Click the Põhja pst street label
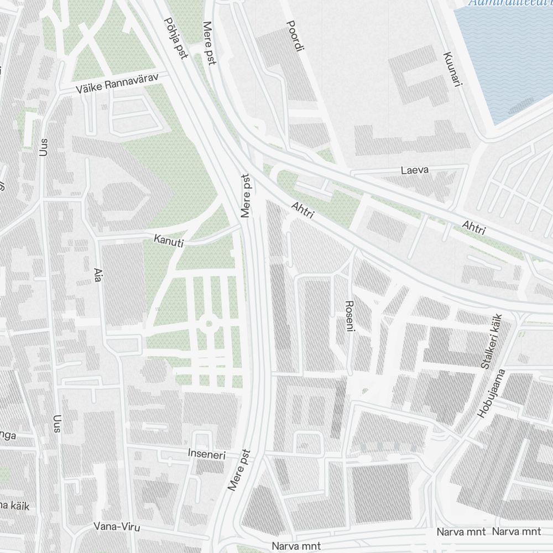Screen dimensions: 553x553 (x=176, y=38)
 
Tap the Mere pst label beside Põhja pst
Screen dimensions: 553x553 (x=209, y=43)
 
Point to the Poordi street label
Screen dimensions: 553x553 (x=295, y=36)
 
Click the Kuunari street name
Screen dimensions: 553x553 (x=452, y=69)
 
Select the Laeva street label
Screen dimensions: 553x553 (x=415, y=170)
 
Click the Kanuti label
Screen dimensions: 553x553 (x=169, y=241)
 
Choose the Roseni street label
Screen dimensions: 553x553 (x=349, y=316)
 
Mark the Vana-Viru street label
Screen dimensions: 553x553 (x=117, y=527)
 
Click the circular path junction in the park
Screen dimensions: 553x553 (x=209, y=324)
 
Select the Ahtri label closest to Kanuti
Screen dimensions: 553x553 (x=302, y=210)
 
